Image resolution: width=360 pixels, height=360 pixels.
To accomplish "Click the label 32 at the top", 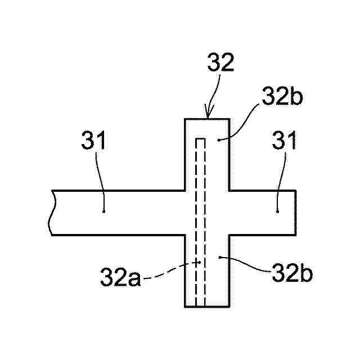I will (220, 63).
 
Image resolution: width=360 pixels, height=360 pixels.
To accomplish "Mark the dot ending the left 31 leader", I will (104, 211).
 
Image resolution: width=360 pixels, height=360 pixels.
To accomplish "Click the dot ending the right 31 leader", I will (278, 211).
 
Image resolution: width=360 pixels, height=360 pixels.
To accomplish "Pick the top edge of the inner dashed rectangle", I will (200, 137).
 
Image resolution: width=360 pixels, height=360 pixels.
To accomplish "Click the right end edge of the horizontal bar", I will (296, 213).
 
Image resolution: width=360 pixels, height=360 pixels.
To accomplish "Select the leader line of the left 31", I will (101, 180).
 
